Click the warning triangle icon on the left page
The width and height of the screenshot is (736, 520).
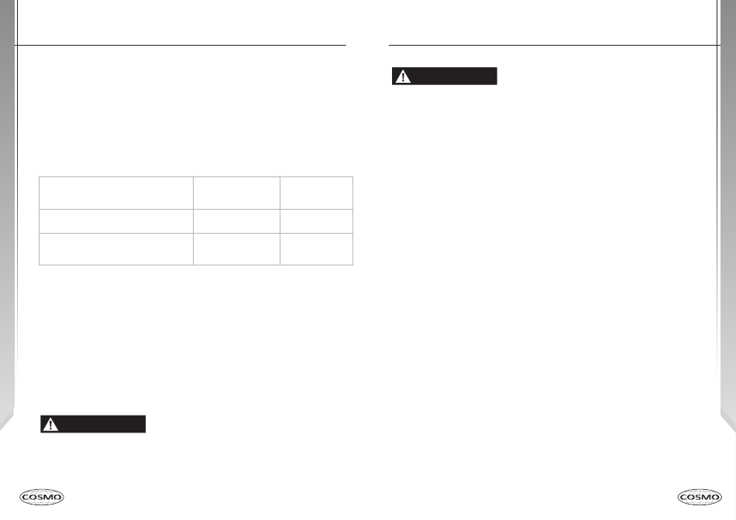[x=50, y=424]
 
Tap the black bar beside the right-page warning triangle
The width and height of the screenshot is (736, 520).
[x=453, y=76]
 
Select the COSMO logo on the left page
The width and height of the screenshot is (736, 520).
[x=42, y=496]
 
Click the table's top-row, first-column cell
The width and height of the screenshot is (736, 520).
[x=116, y=192]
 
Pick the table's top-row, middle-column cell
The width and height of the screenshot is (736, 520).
[x=236, y=192]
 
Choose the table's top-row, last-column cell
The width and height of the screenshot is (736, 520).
[x=316, y=192]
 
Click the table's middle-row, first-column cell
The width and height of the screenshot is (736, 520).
[x=116, y=221]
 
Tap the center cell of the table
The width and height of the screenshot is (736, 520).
[x=236, y=221]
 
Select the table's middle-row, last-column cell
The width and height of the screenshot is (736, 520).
[x=316, y=221]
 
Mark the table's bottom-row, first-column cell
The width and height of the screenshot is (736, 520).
[x=116, y=249]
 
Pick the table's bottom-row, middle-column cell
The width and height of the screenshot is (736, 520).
[x=236, y=249]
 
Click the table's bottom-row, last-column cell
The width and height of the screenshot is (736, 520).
[x=316, y=249]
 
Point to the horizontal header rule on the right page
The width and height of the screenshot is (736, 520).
[x=554, y=45]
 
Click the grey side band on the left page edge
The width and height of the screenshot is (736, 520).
[x=7, y=232]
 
